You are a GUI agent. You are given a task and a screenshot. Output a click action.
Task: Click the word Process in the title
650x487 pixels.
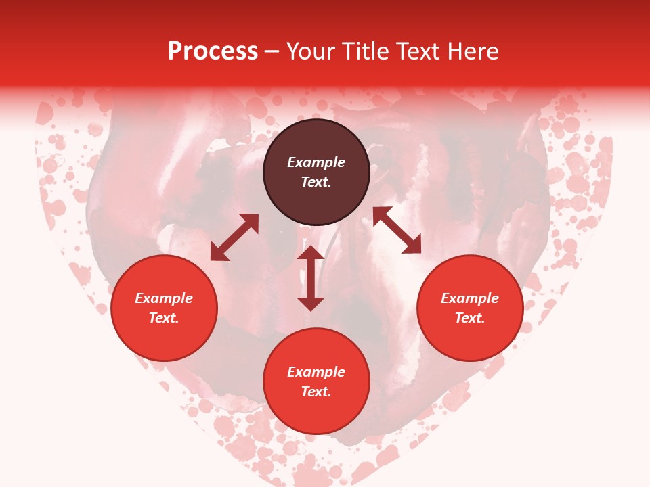pos(213,51)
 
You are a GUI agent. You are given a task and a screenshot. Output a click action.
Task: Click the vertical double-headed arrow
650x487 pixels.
pos(311,278)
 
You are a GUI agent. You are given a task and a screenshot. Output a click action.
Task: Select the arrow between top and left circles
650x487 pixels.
pos(234,237)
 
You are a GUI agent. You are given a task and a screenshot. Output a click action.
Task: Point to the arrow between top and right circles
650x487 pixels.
pos(397,230)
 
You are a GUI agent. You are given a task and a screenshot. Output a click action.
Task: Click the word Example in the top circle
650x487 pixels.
pos(316,162)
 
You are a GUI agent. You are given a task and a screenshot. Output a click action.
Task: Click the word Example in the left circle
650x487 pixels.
pos(164,298)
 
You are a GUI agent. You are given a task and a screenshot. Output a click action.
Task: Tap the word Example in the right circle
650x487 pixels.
pos(470,298)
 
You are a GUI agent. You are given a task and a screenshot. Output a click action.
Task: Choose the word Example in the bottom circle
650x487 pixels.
pos(316,372)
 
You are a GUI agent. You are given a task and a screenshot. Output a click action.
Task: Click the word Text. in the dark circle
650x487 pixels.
pos(316,182)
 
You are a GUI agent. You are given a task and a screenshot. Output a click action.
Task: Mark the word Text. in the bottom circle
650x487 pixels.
pos(316,392)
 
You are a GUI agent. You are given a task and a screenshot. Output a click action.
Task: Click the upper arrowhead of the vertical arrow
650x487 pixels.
pos(311,254)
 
